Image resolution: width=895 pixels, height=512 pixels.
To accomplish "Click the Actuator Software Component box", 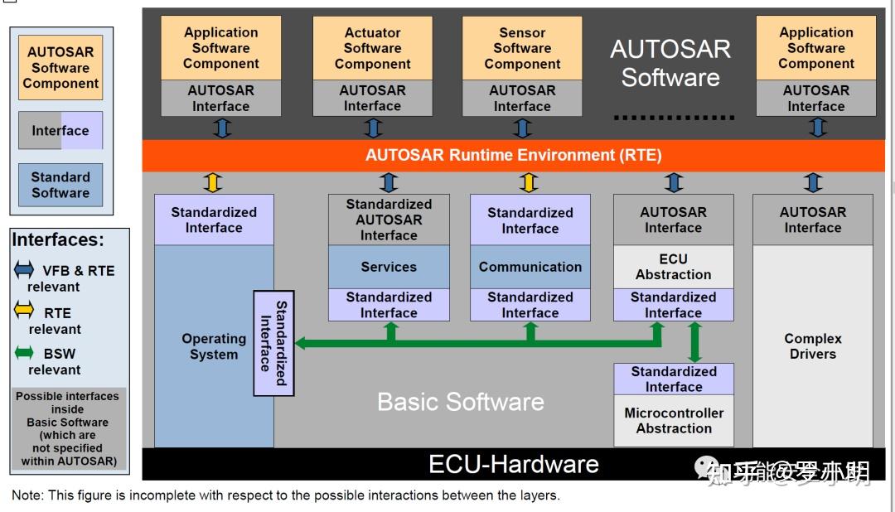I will click(372, 48).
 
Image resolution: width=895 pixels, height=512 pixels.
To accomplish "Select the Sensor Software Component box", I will click(522, 48).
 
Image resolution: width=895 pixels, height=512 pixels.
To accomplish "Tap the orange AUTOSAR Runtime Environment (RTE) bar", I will click(513, 155).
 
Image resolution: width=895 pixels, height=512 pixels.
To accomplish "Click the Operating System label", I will click(214, 346).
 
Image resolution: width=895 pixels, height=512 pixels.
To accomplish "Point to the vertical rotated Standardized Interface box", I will click(273, 343).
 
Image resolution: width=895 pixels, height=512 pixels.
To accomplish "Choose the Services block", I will click(389, 267).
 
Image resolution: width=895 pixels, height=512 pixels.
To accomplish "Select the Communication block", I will click(530, 267).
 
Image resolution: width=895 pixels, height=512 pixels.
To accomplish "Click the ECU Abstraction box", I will click(673, 267).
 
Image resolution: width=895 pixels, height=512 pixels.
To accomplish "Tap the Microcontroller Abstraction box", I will click(674, 421).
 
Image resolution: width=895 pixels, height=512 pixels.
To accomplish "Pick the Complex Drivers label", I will click(812, 346).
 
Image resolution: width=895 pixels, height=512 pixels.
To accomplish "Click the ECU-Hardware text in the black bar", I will click(513, 464).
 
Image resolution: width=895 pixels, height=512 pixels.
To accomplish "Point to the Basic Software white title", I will click(461, 402).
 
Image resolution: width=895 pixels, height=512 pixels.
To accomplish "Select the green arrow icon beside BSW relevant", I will click(24, 354).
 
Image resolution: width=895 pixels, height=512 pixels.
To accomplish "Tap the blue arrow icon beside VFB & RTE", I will click(24, 271).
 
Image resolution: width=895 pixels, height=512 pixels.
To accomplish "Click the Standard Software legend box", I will click(60, 185).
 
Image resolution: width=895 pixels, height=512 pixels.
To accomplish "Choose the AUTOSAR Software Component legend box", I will click(60, 67).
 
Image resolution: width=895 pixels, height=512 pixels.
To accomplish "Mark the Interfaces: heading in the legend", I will click(58, 240).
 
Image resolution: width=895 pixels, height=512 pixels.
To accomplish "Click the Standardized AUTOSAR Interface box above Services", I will click(389, 220).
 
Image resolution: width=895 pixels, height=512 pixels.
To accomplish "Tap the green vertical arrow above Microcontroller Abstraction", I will click(694, 341).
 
